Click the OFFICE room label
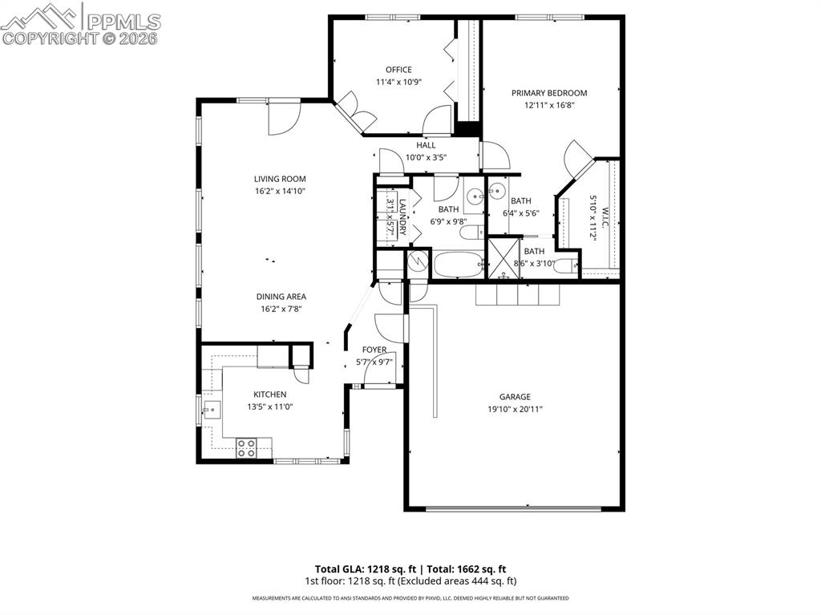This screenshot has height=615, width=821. point(398,70)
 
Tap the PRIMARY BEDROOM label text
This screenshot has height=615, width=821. point(549,93)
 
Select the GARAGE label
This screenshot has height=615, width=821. point(515,397)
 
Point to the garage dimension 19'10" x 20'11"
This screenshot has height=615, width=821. point(515,409)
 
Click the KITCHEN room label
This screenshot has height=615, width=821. point(269,394)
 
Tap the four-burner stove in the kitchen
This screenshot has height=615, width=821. point(246,448)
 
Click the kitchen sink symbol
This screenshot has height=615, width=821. point(212,411)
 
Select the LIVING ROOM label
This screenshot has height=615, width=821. point(280,179)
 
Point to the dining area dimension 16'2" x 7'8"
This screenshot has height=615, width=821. point(280,309)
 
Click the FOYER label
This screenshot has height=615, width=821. point(374,350)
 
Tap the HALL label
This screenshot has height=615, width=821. point(426,145)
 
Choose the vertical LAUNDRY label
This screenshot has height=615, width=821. point(403,216)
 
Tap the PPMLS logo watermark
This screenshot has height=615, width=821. point(80,23)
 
